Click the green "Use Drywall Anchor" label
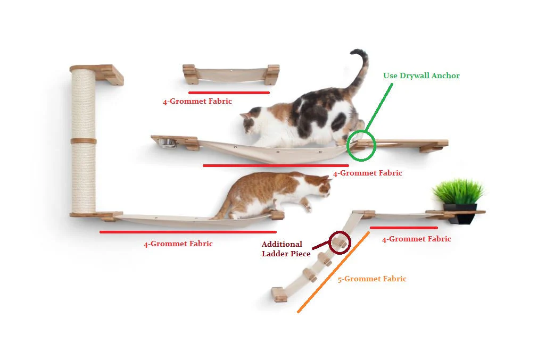421,76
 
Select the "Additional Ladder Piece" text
286,249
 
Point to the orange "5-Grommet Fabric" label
372,279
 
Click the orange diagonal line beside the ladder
333,272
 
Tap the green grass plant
458,191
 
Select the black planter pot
460,214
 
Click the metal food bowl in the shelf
167,143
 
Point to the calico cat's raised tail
361,70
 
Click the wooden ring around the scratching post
84,141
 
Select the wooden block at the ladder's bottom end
279,294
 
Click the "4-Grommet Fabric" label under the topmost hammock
197,102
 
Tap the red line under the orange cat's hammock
188,232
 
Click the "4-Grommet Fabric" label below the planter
417,239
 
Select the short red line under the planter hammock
404,228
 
